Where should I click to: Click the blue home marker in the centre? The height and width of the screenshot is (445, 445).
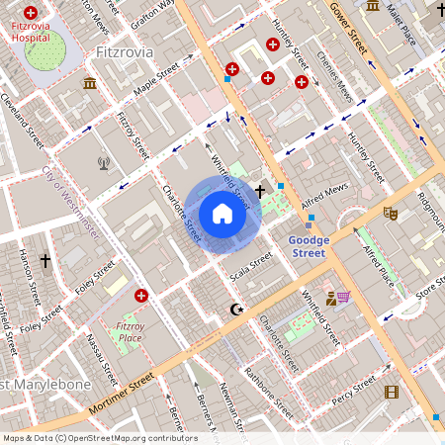click(x=222, y=214)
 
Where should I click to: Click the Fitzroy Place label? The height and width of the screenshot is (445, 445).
click(x=131, y=331)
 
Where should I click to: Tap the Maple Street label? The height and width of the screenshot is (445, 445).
click(x=154, y=81)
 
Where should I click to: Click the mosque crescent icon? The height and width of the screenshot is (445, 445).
click(x=235, y=310)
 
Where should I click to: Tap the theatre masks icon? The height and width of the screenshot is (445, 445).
click(x=390, y=212)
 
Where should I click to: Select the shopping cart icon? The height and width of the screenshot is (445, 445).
click(x=343, y=297)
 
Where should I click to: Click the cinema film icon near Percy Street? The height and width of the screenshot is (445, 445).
click(x=391, y=393)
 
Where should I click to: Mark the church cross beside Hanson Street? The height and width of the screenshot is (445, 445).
click(x=44, y=260)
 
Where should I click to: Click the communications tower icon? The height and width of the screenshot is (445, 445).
click(x=104, y=163)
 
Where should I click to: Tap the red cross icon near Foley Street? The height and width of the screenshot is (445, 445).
click(x=141, y=296)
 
